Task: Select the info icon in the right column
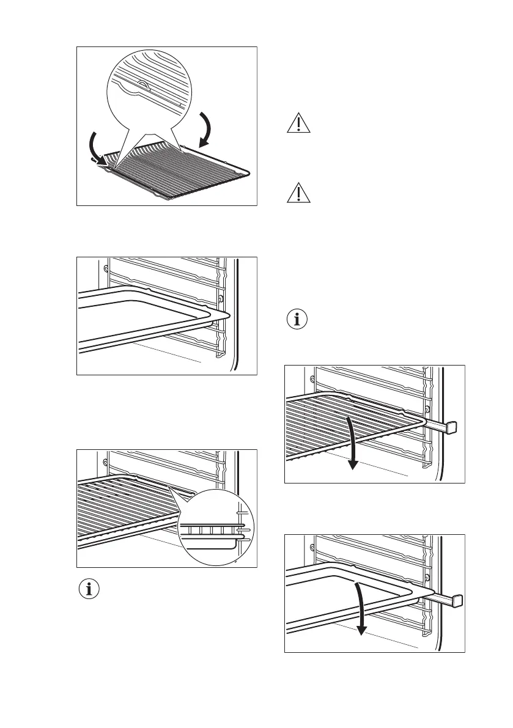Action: (298, 320)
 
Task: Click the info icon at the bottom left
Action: (90, 590)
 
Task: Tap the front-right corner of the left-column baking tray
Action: (226, 315)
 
